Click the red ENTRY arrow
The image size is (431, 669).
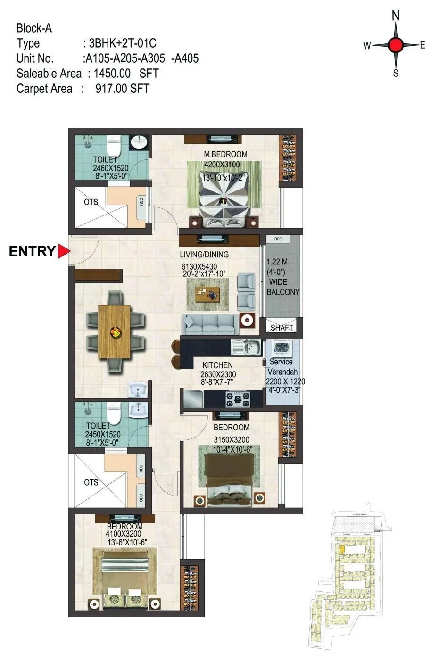pos(64,251)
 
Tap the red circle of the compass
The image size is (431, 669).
pos(396,46)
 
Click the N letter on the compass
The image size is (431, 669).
pos(396,16)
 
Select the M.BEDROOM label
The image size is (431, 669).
pos(225,154)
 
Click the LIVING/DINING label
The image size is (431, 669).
pos(204,255)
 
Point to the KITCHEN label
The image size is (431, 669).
pos(217,365)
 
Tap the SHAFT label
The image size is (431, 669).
pos(282,328)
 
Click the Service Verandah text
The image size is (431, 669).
pos(281,366)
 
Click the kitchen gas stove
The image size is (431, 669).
pos(238,399)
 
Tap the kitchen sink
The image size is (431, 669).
pos(246,348)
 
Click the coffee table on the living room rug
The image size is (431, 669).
pos(207,294)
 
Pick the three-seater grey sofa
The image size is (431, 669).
pos(209,324)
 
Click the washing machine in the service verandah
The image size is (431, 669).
pos(281,349)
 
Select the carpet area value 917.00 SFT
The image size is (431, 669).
pos(122,89)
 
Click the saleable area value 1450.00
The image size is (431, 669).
pos(112,74)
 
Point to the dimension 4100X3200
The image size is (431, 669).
pos(124,534)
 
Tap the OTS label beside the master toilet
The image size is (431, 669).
pos(91,202)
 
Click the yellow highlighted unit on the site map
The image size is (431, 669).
pos(341,549)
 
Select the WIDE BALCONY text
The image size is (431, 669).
pos(283,287)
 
